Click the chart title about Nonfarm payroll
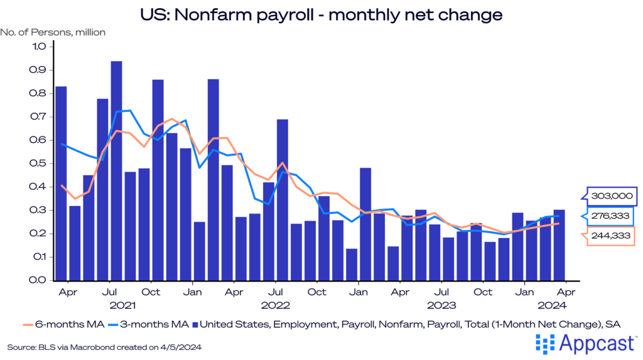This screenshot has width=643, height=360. pyautogui.click(x=321, y=14)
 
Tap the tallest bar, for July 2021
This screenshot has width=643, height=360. pyautogui.click(x=116, y=170)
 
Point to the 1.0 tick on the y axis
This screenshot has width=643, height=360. pyautogui.click(x=39, y=46)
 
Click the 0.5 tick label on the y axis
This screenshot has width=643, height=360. pyautogui.click(x=39, y=163)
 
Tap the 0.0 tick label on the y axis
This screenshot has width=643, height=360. pyautogui.click(x=39, y=280)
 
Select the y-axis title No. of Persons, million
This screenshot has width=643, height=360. pyautogui.click(x=53, y=31)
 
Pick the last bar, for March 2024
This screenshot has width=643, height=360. pyautogui.click(x=559, y=245)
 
